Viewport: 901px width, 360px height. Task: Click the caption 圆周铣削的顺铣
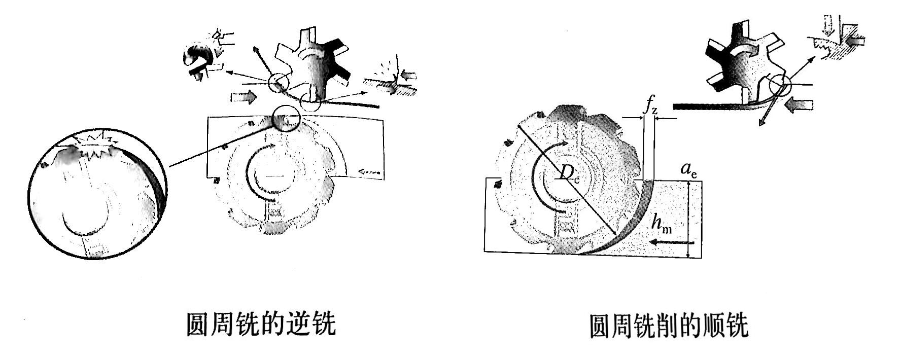click(x=668, y=326)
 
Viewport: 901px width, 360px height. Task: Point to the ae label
click(x=688, y=170)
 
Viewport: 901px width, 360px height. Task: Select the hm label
click(x=662, y=224)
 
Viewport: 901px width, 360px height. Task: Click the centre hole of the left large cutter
click(x=274, y=176)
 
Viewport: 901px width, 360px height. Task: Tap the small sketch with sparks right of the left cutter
click(x=392, y=79)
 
